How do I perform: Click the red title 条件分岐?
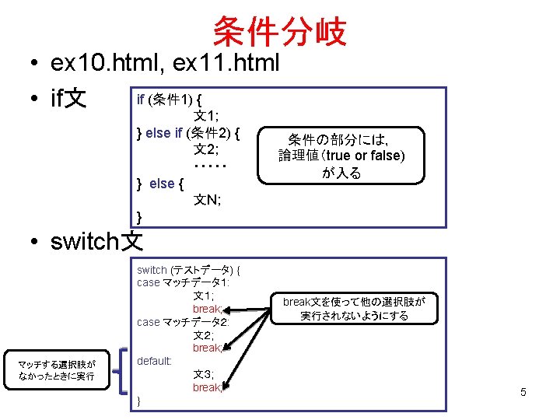coord(279,32)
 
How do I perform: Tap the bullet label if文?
coord(68,100)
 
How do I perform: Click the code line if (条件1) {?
coord(170,100)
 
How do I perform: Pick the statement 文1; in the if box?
coord(206,116)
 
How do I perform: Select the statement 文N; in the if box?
coord(208,200)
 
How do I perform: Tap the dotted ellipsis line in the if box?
coord(209,166)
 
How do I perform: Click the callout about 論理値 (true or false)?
coord(342,156)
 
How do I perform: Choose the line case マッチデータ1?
coord(183,282)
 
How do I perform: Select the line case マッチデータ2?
coord(183,322)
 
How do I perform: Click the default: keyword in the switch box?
coord(155,361)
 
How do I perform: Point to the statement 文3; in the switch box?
coord(204,374)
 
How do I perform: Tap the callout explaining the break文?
coord(359,309)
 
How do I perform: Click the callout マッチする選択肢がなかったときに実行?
coord(57,370)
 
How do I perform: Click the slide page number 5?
coord(523,392)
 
